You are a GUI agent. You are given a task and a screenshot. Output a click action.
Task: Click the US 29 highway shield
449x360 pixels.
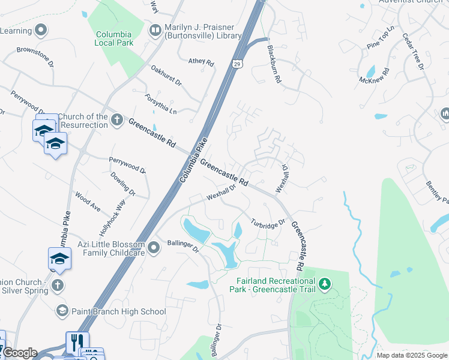coord(238,64)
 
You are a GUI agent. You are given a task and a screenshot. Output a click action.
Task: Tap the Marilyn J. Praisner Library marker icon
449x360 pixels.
coord(155,30)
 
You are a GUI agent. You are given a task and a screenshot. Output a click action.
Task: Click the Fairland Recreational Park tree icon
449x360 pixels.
coord(325,283)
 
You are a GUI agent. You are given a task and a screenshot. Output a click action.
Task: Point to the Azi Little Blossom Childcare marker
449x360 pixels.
coord(154,247)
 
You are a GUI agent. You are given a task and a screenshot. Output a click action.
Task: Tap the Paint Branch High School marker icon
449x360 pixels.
coord(61,311)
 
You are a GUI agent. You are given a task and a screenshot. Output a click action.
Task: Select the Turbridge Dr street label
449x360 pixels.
coord(267,224)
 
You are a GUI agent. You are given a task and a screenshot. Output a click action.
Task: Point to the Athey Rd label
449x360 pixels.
coord(201,62)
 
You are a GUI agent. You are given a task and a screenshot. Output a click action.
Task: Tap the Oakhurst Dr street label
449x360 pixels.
coord(166,76)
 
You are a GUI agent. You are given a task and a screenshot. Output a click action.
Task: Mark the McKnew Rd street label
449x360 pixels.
coord(375,75)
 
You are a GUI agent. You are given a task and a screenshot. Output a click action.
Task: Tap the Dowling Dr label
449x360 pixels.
coord(123,184)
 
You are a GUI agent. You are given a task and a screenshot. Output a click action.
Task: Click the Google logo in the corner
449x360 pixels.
coord(19,353)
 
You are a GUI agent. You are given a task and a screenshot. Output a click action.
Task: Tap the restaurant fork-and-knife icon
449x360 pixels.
coord(77,342)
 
